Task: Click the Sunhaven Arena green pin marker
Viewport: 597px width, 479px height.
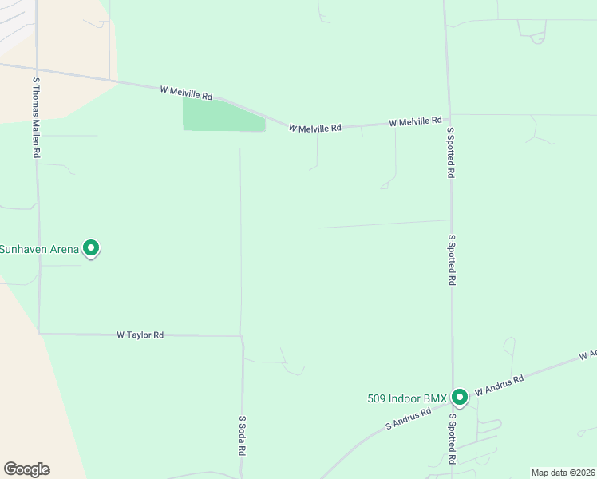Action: click(x=91, y=248)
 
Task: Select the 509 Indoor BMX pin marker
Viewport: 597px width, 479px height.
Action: click(x=459, y=396)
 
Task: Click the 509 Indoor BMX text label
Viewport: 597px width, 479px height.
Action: click(x=408, y=398)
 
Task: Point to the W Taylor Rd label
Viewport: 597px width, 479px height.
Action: click(x=140, y=335)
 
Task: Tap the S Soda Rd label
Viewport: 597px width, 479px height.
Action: click(x=242, y=434)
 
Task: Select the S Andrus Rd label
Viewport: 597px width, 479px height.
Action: click(x=408, y=418)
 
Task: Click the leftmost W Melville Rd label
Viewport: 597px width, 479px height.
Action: click(x=187, y=93)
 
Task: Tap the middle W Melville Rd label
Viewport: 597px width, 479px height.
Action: click(x=315, y=127)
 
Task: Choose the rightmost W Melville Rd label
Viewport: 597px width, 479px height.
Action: click(x=415, y=121)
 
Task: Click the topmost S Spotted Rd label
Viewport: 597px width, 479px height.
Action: click(x=451, y=152)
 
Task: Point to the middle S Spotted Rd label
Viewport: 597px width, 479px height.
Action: click(x=452, y=259)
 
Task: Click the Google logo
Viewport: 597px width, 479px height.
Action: click(x=26, y=469)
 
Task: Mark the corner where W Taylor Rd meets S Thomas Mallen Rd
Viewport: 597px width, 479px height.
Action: click(x=38, y=333)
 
